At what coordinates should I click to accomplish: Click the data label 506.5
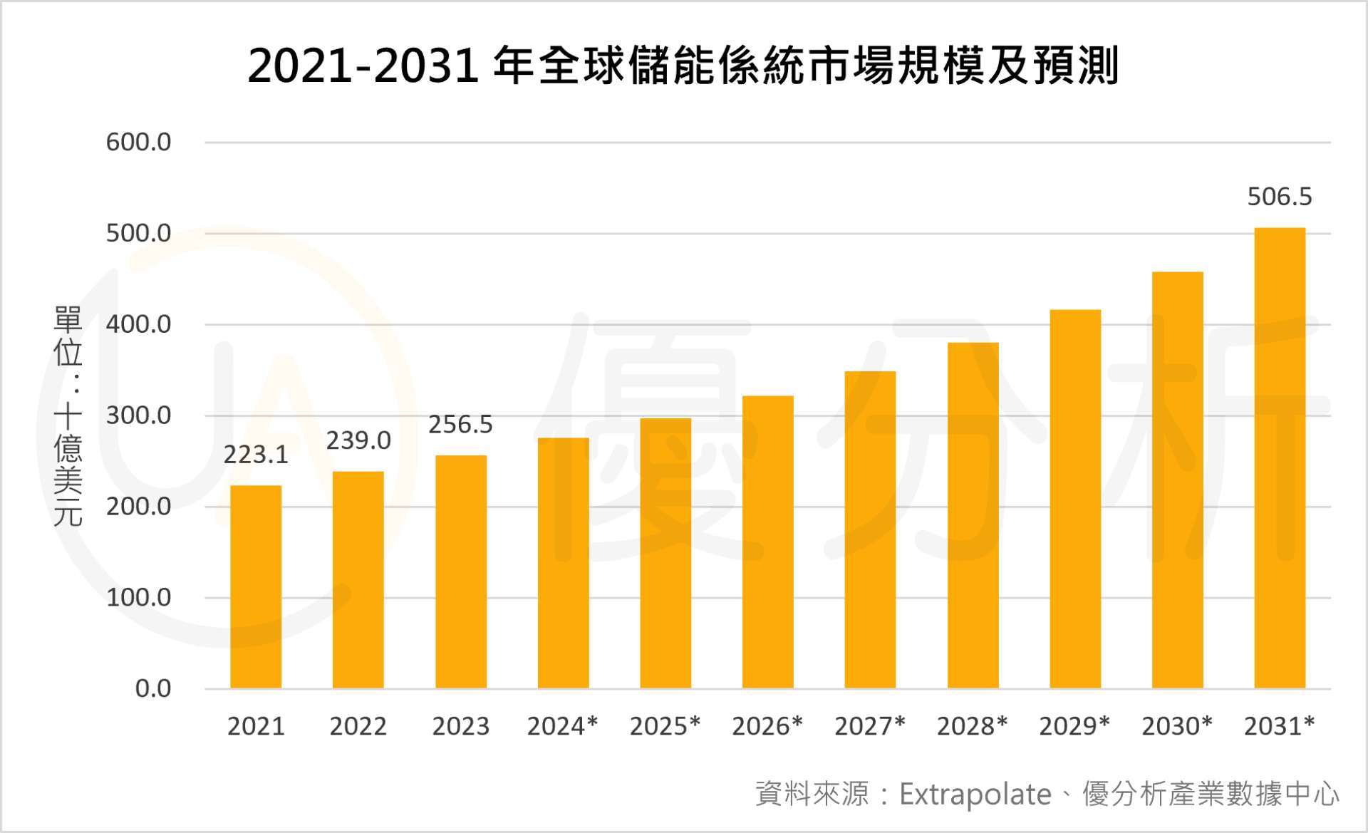coord(1280,197)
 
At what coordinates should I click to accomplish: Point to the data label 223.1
coord(256,455)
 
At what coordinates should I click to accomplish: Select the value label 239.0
coord(358,440)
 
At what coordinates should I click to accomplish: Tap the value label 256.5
coord(460,425)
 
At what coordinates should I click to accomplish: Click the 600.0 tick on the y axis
coord(138,143)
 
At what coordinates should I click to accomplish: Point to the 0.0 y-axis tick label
coord(153,688)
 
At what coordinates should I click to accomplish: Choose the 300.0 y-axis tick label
coord(138,415)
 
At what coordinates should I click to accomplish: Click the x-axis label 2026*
coord(767,726)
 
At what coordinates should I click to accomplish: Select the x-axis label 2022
coord(358,726)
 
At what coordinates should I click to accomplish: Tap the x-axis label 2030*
coord(1177,726)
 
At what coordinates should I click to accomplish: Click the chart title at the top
coord(683,66)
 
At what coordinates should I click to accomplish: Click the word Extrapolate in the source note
coord(975,794)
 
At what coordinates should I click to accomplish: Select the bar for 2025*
coord(665,553)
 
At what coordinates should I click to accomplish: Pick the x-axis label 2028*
coord(973,726)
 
